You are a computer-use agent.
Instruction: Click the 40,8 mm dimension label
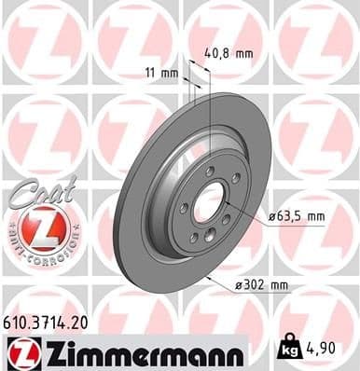coord(228,53)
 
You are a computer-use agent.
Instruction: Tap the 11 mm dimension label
coord(163,72)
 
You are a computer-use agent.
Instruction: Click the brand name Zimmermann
coord(138,352)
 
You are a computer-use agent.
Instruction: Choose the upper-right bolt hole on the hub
coord(235,178)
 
